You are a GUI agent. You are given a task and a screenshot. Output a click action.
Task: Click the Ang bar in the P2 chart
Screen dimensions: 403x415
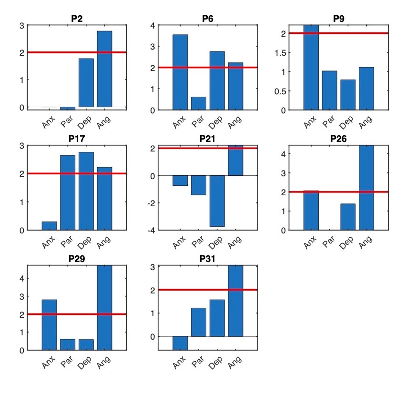coord(104,69)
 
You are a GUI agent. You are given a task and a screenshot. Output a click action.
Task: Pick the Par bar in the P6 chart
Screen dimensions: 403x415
coord(199,103)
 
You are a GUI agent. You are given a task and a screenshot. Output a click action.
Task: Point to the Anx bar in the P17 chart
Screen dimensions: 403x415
coord(49,226)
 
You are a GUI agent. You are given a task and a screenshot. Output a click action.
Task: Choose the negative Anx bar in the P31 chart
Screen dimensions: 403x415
coord(180,343)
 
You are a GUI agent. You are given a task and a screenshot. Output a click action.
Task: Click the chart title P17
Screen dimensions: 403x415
coord(77,139)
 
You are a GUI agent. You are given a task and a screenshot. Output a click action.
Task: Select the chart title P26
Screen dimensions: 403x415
coord(338,139)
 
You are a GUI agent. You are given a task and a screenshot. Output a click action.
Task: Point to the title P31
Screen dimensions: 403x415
coord(208,259)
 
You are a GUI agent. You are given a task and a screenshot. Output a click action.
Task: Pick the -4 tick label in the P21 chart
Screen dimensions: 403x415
coord(150,231)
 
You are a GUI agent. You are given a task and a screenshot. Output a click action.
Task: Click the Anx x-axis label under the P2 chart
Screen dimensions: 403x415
coord(49,122)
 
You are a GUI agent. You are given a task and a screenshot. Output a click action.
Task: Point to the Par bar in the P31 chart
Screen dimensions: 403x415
coord(199,322)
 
